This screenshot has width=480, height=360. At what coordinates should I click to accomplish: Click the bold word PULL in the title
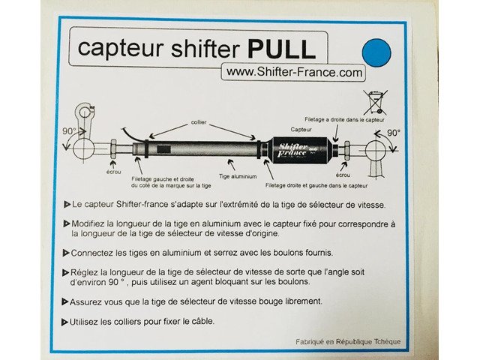point(282,49)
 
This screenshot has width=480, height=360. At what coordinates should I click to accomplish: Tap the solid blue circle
point(376,52)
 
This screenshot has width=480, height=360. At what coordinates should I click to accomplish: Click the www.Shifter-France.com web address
point(294,72)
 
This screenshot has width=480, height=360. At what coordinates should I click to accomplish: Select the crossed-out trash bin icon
point(376,102)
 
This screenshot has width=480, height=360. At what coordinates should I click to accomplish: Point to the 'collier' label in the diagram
point(199,122)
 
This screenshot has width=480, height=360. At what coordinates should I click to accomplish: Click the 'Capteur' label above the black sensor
point(301,130)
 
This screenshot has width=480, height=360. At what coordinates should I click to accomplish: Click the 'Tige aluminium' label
point(238,176)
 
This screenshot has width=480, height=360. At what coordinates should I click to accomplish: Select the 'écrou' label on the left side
point(113,172)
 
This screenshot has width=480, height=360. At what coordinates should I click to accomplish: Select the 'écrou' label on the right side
point(343,175)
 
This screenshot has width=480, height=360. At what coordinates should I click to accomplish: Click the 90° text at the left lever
point(69,131)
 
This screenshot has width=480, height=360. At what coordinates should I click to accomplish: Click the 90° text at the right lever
point(394,133)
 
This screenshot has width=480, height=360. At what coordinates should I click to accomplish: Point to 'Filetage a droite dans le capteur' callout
point(344,120)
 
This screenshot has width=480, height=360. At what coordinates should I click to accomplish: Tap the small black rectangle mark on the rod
point(163,149)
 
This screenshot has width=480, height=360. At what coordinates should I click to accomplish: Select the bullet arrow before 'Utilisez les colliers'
point(64,322)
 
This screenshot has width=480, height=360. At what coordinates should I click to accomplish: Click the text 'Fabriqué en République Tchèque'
point(348,342)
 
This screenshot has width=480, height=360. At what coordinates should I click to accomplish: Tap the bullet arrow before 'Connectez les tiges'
point(66,253)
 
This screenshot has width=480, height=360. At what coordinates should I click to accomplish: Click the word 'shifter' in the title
point(205,48)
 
